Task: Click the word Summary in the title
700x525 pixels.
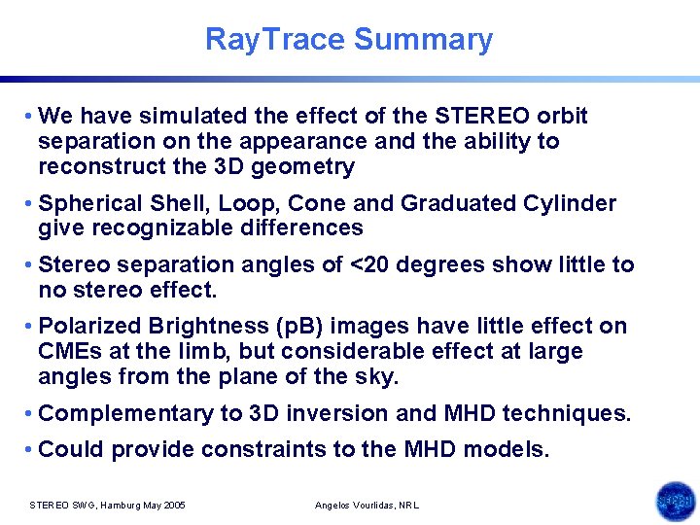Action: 423,40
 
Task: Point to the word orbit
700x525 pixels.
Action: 558,117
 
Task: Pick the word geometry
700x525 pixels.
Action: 307,166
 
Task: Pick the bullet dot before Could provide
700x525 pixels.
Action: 31,449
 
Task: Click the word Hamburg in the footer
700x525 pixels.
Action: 116,506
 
